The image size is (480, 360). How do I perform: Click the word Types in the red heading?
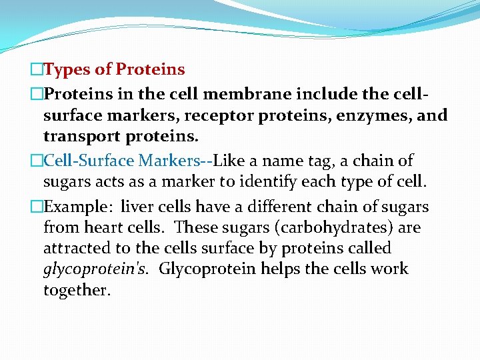[x=71, y=69]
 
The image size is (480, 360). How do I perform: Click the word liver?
[x=135, y=207]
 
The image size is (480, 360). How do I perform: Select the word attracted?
[x=73, y=249]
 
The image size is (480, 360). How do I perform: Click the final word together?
[x=77, y=291]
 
